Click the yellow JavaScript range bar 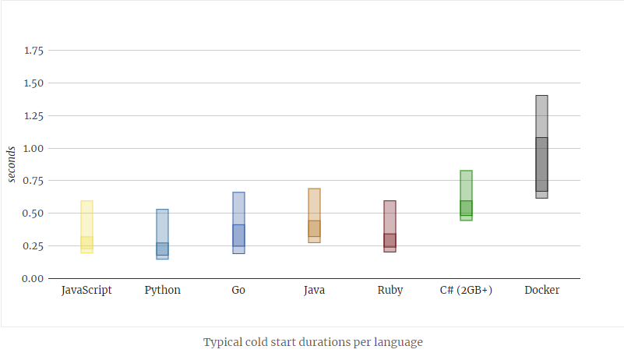(87, 227)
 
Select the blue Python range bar (162, 234)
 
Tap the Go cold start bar (238, 223)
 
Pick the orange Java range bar (314, 216)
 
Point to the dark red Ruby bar (390, 226)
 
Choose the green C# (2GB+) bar (466, 196)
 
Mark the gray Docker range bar (541, 146)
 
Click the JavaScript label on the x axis (86, 290)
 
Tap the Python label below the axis (162, 290)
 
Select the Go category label (238, 290)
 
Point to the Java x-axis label (314, 290)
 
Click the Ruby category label (390, 290)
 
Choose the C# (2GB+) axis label (466, 290)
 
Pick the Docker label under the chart (541, 290)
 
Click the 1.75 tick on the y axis (33, 51)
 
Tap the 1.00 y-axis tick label (33, 148)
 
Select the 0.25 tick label (33, 245)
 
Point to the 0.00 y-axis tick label (33, 278)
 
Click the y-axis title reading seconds (12, 164)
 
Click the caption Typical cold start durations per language (312, 342)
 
